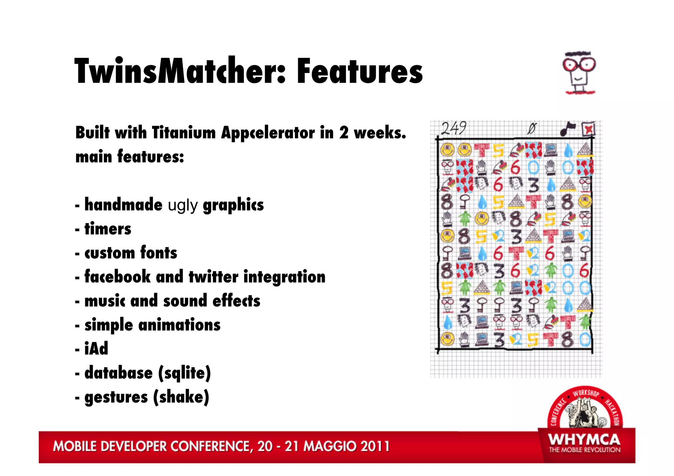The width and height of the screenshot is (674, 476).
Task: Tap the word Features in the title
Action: (360, 71)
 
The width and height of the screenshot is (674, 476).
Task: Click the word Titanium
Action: (183, 133)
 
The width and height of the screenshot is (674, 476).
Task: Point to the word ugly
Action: (183, 206)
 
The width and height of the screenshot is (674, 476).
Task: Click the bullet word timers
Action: (108, 229)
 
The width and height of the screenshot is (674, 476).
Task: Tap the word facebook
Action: (117, 276)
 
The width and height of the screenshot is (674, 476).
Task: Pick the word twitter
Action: (213, 277)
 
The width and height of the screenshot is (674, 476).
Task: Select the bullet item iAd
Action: (96, 348)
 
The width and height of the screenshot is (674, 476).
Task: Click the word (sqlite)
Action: (184, 373)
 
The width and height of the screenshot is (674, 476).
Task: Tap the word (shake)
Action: (181, 397)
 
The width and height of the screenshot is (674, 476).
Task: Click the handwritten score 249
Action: (454, 128)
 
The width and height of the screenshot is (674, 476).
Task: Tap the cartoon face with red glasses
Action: (579, 72)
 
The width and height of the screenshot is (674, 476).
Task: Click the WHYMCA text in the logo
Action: (584, 440)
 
